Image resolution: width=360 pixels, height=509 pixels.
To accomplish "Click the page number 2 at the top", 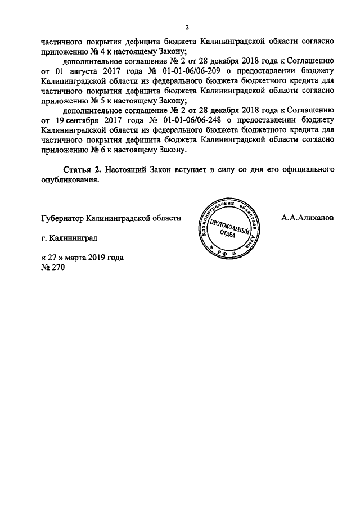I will point(187,27).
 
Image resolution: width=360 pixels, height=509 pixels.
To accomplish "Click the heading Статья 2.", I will point(81,169).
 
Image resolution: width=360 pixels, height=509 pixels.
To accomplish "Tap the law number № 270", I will point(53,268).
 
